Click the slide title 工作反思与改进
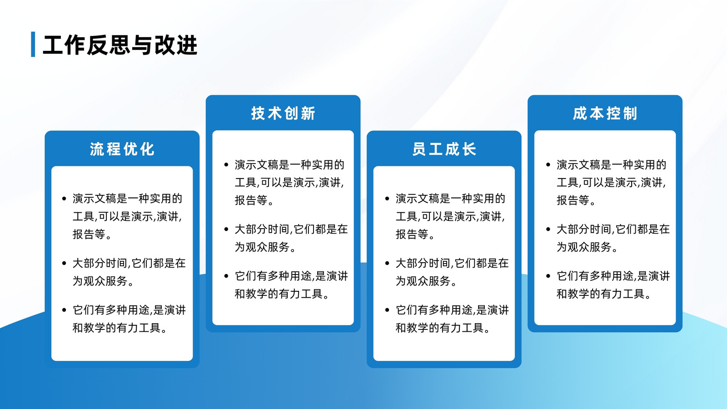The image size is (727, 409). tap(120, 45)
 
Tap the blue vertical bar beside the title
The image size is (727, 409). tap(33, 44)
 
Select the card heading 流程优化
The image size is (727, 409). tap(122, 149)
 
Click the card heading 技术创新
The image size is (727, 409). tap(283, 113)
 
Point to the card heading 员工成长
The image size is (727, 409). tap(444, 149)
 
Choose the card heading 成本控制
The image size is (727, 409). tap(605, 113)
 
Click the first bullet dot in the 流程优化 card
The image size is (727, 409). tap(64, 199)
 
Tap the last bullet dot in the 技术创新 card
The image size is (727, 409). tap(226, 276)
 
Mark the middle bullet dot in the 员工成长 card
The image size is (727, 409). tap(387, 263)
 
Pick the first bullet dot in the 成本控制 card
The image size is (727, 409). tap(548, 165)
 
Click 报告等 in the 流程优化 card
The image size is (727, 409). tap(89, 234)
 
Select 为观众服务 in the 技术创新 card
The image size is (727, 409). tap(262, 247)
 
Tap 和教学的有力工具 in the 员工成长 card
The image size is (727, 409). tap(439, 328)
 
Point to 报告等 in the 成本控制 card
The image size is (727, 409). tap(573, 200)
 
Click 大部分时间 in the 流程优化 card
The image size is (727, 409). tap(100, 263)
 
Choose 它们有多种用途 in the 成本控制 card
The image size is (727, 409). tap(595, 276)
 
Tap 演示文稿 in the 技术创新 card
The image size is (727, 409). tap(256, 165)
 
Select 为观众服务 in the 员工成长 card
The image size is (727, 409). tap(423, 281)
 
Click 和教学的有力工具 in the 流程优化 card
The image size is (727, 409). tap(116, 328)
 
